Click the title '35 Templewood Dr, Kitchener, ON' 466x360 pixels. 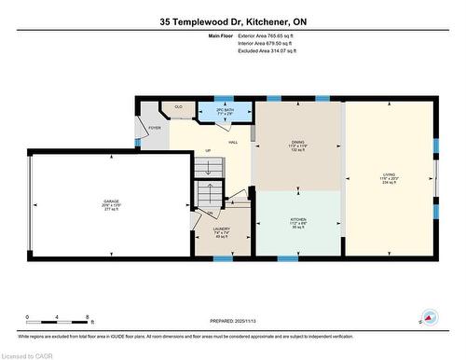pyautogui.click(x=233, y=20)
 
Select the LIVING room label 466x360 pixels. pyautogui.click(x=389, y=174)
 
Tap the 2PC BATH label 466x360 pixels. pyautogui.click(x=225, y=110)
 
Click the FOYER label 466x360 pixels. pyautogui.click(x=155, y=128)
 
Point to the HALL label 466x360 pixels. pyautogui.click(x=233, y=142)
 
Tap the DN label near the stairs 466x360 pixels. pyautogui.click(x=211, y=213)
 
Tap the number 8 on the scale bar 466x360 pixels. pyautogui.click(x=87, y=317)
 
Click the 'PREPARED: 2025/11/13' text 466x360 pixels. pyautogui.click(x=232, y=319)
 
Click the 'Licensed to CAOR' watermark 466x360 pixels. pyautogui.click(x=28, y=354)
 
